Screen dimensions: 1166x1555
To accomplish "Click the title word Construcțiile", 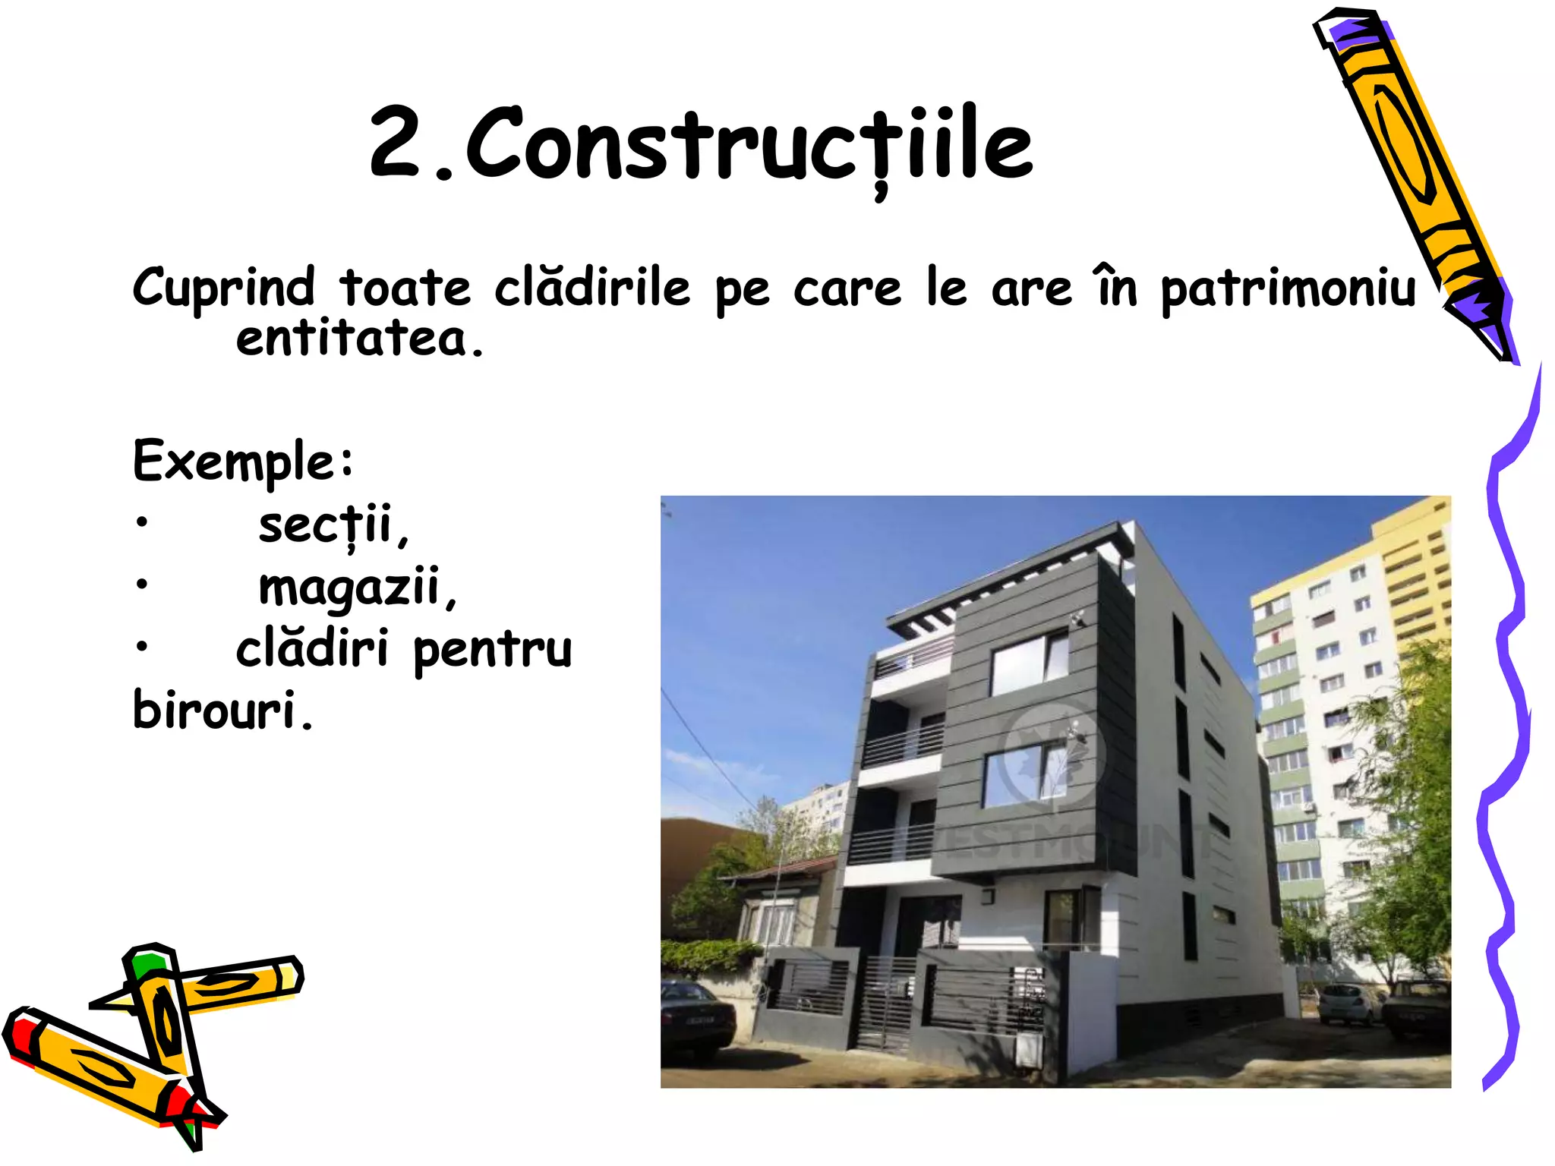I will tap(748, 144).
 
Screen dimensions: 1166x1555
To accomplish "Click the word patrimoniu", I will tap(1288, 289).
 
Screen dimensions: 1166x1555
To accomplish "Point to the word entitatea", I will tap(359, 339).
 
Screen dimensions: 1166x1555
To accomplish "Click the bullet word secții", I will tap(333, 525).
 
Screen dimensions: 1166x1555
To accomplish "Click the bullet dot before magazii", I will tap(141, 585).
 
